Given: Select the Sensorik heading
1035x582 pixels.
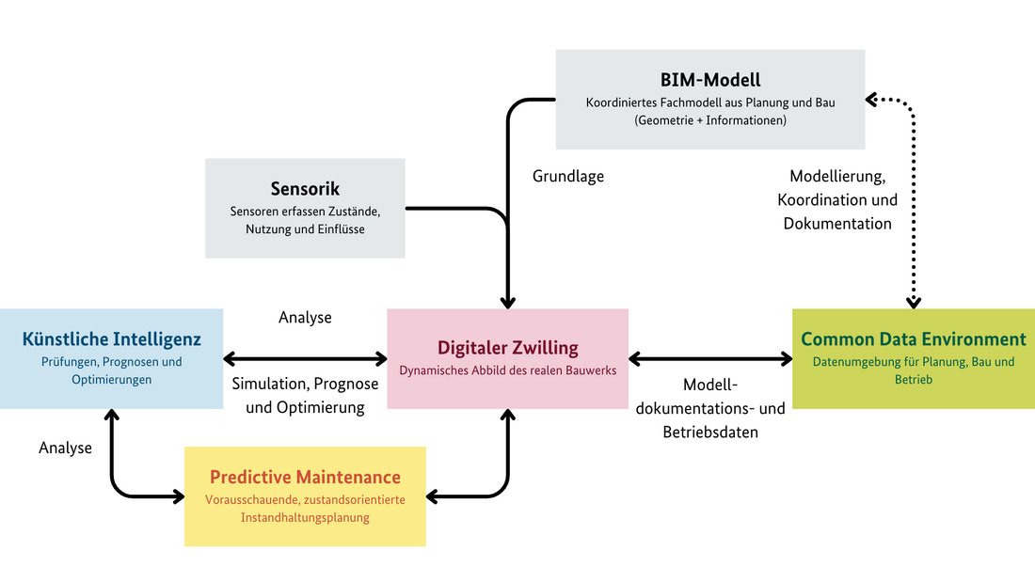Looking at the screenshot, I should click(x=305, y=189).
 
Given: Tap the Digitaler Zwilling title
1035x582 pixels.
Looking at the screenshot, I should click(x=507, y=347).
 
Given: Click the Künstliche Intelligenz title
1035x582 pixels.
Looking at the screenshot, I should click(x=112, y=338).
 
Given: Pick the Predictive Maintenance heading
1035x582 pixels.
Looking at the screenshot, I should click(x=305, y=477).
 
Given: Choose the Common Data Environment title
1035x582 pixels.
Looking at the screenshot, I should click(x=913, y=339).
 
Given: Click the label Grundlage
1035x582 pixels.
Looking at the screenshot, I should click(x=568, y=176).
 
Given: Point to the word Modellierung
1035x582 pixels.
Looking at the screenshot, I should click(x=837, y=176).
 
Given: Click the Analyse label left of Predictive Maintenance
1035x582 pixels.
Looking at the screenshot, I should click(x=65, y=448).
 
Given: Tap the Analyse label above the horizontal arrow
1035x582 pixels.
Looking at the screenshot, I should click(x=305, y=318).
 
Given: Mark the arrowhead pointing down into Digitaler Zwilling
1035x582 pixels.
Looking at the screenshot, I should click(x=508, y=302).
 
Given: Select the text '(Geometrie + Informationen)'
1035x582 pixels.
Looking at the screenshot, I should click(x=710, y=120).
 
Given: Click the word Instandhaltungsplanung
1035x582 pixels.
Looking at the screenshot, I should click(x=305, y=517).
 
